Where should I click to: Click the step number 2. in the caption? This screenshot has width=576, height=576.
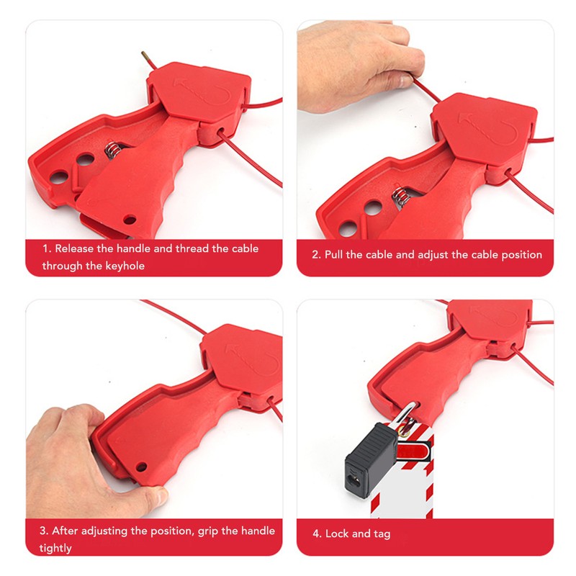[x=316, y=255]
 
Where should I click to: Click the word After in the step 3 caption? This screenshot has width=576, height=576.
[x=66, y=531]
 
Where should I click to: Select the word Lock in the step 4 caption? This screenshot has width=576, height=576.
[x=337, y=534]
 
